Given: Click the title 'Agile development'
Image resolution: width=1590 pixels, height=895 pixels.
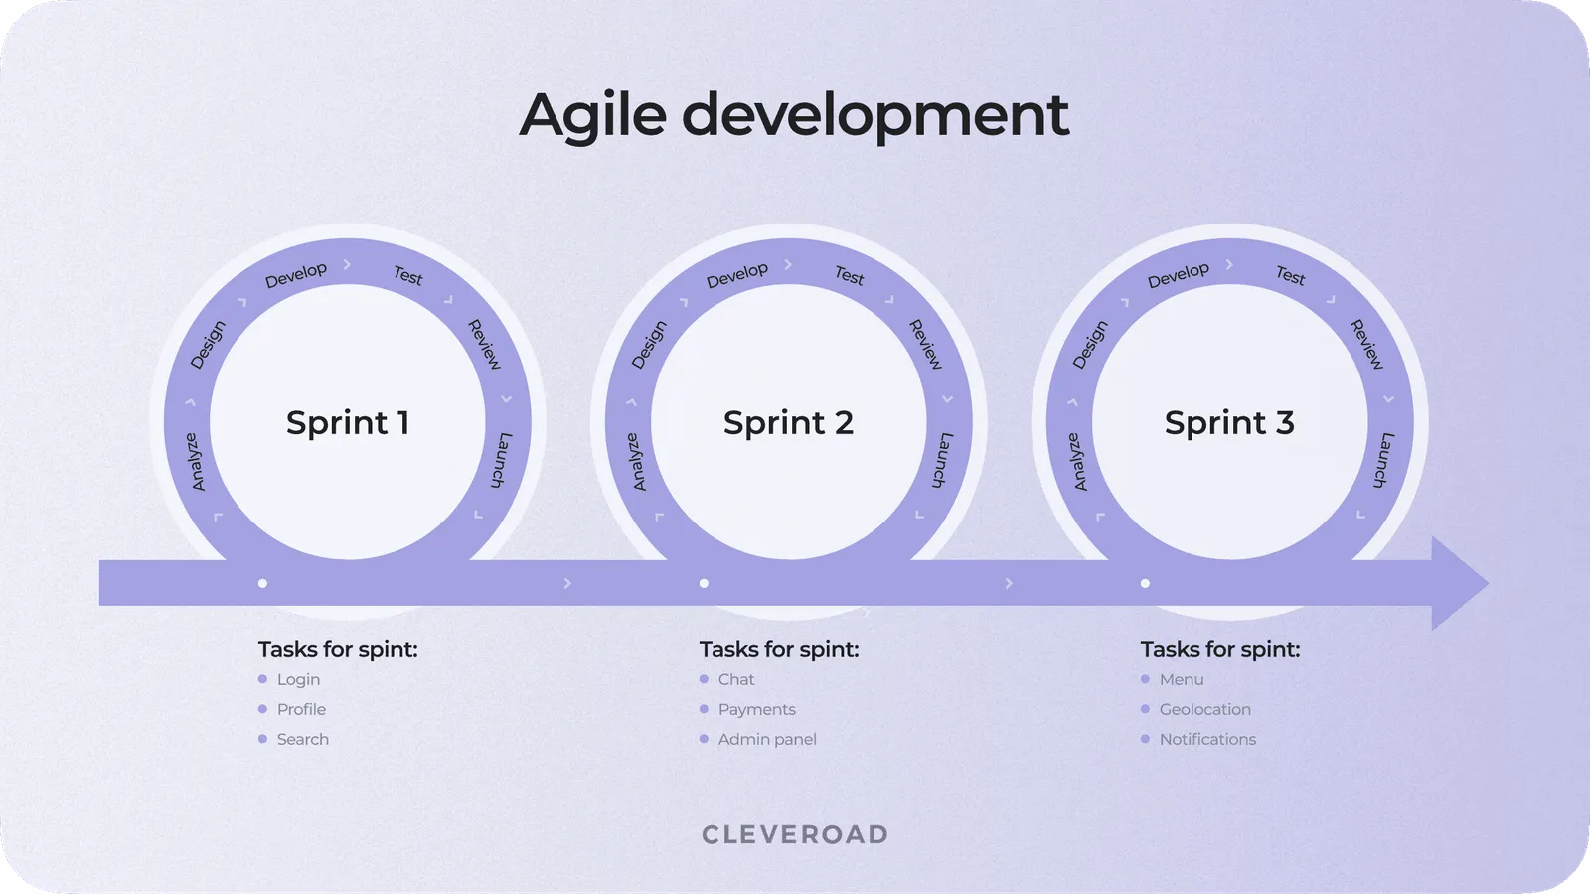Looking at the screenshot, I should pyautogui.click(x=794, y=115).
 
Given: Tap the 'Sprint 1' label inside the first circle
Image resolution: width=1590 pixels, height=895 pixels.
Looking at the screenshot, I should pyautogui.click(x=348, y=423).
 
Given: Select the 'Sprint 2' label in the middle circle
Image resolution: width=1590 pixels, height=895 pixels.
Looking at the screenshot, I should pyautogui.click(x=788, y=423).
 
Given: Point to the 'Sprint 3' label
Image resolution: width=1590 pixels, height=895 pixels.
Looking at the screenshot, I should pyautogui.click(x=1229, y=423).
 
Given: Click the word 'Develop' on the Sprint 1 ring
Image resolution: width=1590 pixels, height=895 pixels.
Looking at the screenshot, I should pyautogui.click(x=295, y=275).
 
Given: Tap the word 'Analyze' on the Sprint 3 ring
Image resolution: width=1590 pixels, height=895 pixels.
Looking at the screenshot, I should pyautogui.click(x=1078, y=462).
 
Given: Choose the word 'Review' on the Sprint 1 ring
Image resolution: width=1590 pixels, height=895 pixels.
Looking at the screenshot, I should pyautogui.click(x=485, y=345).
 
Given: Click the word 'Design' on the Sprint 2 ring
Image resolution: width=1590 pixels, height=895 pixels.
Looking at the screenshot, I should pyautogui.click(x=649, y=345).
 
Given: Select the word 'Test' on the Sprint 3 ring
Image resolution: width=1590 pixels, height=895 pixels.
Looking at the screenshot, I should pyautogui.click(x=1290, y=275).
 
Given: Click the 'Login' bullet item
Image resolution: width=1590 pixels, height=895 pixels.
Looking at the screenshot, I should pyautogui.click(x=298, y=680).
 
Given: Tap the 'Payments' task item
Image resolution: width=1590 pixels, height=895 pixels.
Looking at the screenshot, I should pyautogui.click(x=756, y=710).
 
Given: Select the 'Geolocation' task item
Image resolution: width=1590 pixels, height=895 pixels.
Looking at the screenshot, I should pyautogui.click(x=1204, y=710).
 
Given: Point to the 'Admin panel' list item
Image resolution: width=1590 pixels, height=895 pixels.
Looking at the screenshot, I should pyautogui.click(x=767, y=740).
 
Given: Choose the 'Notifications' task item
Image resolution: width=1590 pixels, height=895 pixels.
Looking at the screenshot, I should pyautogui.click(x=1207, y=740).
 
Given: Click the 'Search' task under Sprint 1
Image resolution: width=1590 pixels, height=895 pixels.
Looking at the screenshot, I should pyautogui.click(x=302, y=740).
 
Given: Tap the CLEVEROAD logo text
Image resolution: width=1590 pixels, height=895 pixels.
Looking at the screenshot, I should pyautogui.click(x=795, y=835).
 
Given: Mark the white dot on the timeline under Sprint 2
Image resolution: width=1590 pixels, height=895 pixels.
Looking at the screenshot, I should pyautogui.click(x=704, y=584).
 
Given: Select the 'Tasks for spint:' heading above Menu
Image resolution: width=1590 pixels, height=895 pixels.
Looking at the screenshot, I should pyautogui.click(x=1219, y=650).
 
